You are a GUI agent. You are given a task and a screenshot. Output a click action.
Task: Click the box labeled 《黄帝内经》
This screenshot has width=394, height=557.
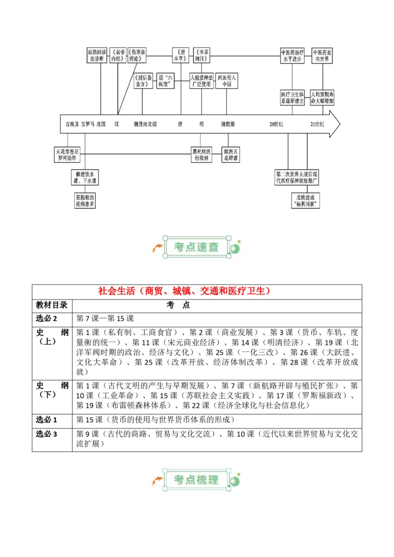tap(118, 55)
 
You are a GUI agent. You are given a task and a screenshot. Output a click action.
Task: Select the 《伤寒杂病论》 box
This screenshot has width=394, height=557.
tap(137, 55)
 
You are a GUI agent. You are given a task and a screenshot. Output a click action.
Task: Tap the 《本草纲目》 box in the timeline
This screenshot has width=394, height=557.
tap(202, 55)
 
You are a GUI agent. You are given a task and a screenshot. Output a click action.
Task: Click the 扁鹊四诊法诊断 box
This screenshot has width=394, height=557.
tap(97, 55)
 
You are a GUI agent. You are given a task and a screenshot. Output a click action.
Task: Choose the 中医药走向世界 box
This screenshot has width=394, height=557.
tap(323, 55)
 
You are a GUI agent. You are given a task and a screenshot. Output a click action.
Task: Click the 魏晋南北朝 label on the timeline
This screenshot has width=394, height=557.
tap(145, 124)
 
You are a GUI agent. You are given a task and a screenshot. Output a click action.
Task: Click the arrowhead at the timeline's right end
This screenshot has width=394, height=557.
tap(335, 124)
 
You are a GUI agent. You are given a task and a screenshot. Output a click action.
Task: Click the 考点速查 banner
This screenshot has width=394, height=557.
tap(197, 247)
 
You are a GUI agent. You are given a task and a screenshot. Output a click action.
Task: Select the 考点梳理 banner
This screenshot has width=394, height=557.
tap(197, 479)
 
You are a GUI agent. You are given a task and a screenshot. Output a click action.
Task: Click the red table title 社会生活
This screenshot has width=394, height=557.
tap(197, 291)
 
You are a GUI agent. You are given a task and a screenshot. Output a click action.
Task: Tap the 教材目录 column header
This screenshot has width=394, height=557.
tap(54, 305)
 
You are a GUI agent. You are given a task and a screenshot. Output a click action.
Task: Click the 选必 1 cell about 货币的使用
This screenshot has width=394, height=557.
tap(155, 420)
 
